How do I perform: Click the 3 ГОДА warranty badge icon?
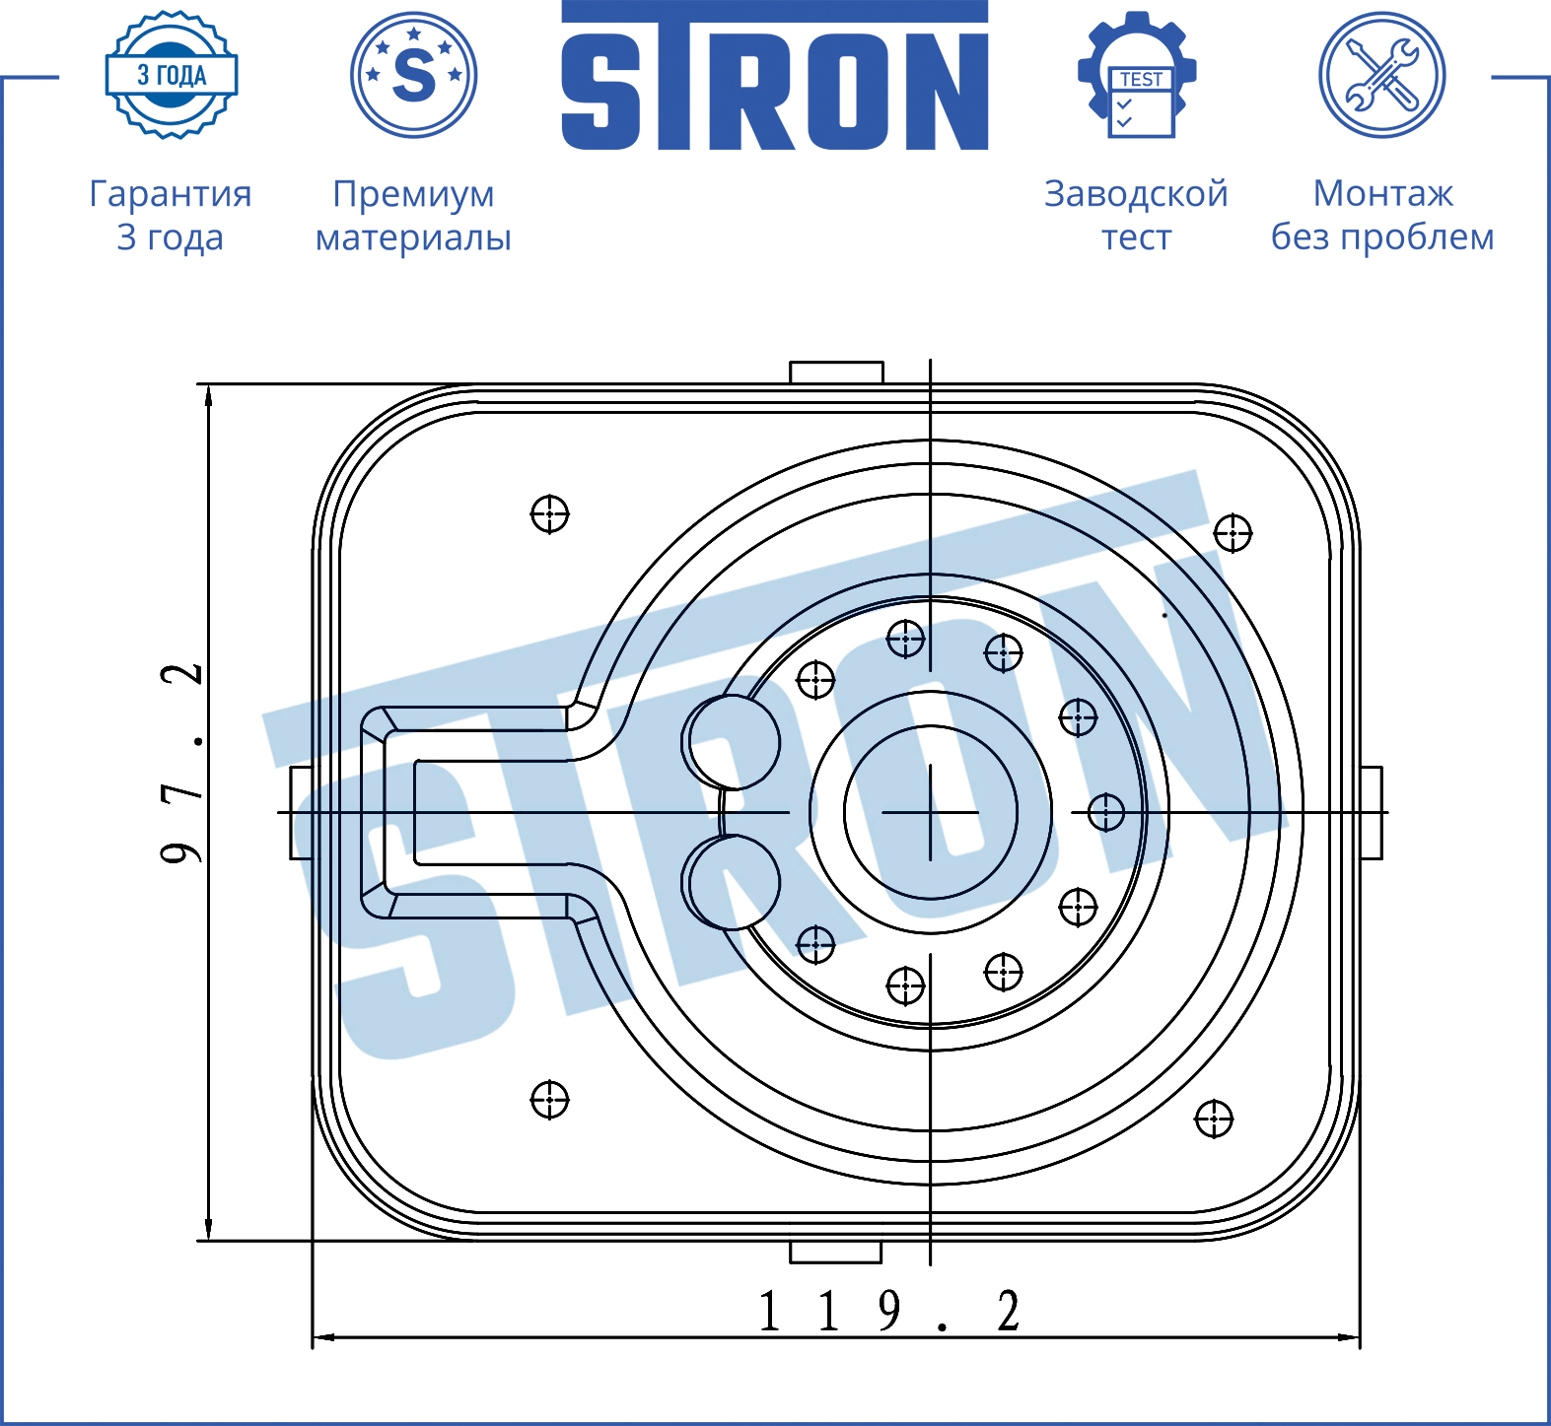[172, 75]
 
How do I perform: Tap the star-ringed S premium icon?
[414, 75]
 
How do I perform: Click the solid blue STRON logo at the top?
[775, 76]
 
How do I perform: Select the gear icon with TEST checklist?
[1137, 75]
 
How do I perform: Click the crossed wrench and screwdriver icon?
[1382, 75]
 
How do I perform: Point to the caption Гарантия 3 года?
[171, 215]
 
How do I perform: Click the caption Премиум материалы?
[413, 215]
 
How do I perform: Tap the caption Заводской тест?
[1136, 215]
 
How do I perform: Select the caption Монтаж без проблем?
[1382, 215]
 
